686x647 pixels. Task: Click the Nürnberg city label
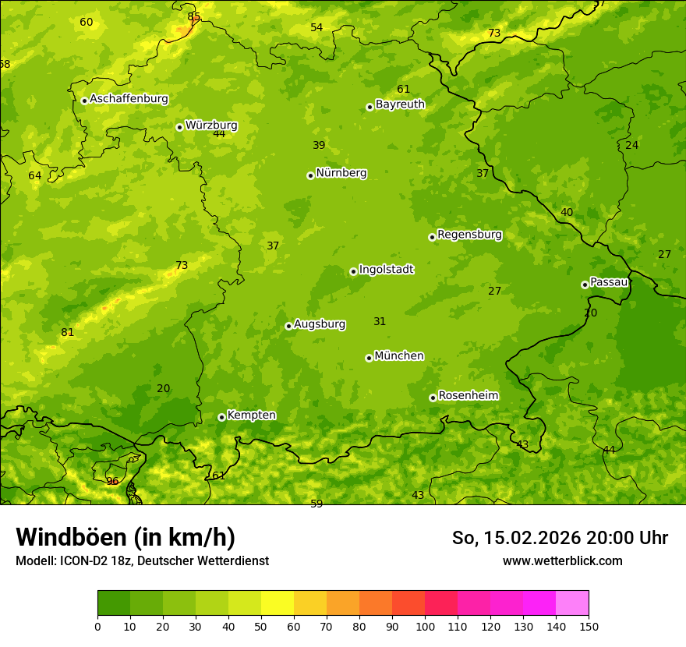click(x=341, y=173)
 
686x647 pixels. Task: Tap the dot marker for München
click(x=369, y=358)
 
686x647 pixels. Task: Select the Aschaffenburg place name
click(x=129, y=99)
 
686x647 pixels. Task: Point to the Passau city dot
click(x=585, y=285)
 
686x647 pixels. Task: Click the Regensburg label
click(x=469, y=235)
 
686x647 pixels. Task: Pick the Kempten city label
click(x=251, y=415)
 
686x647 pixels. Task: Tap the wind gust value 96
click(x=112, y=481)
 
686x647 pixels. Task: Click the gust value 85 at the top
click(x=193, y=16)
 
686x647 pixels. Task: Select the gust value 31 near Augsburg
click(x=380, y=321)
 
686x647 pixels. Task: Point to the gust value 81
click(x=68, y=332)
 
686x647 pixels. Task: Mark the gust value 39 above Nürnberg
click(x=319, y=145)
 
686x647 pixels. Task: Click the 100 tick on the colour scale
click(x=425, y=626)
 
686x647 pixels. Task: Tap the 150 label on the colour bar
click(x=589, y=626)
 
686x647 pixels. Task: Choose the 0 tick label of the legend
click(x=97, y=626)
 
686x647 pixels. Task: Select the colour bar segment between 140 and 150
click(x=572, y=603)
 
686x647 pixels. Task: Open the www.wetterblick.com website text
click(x=562, y=560)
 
